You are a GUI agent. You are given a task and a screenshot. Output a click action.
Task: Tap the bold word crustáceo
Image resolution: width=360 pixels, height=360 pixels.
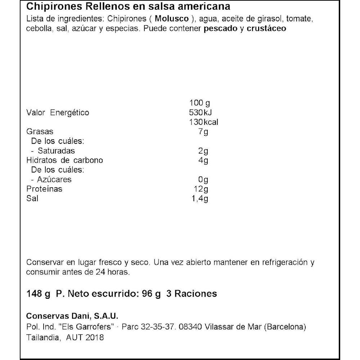(266, 29)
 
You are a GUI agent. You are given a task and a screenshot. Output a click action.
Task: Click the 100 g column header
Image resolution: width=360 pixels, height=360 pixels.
(199, 103)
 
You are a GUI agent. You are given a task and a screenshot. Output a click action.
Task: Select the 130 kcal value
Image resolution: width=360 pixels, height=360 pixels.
(203, 122)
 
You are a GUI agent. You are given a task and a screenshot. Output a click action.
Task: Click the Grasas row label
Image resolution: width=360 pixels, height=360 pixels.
(40, 132)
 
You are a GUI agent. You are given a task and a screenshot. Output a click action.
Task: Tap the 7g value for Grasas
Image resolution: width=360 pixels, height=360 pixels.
(203, 132)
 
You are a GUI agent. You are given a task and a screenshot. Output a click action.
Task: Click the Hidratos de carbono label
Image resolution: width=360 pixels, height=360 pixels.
(65, 160)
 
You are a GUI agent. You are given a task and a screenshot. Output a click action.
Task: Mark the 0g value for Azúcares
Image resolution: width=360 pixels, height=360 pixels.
(203, 179)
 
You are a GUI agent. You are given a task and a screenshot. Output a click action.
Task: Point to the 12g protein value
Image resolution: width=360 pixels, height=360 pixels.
(201, 189)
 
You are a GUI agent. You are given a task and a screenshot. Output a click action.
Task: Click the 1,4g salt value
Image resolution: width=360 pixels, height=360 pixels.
(200, 198)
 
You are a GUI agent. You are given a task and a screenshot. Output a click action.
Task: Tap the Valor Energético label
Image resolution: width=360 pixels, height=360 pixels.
(58, 113)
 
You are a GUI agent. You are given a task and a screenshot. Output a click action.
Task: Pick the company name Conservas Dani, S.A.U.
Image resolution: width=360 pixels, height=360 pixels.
(72, 316)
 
